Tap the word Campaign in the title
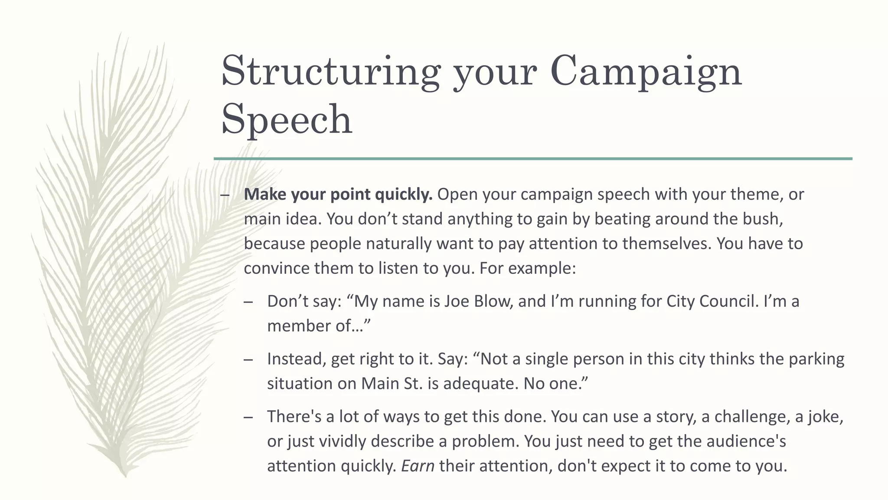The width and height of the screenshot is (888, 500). point(646,72)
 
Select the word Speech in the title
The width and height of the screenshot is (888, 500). point(287,119)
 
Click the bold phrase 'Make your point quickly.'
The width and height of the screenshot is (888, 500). point(338,194)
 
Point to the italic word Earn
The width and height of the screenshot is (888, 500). point(418,466)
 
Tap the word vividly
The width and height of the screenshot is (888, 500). point(343,441)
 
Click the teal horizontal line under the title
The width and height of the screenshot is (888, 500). point(533,159)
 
